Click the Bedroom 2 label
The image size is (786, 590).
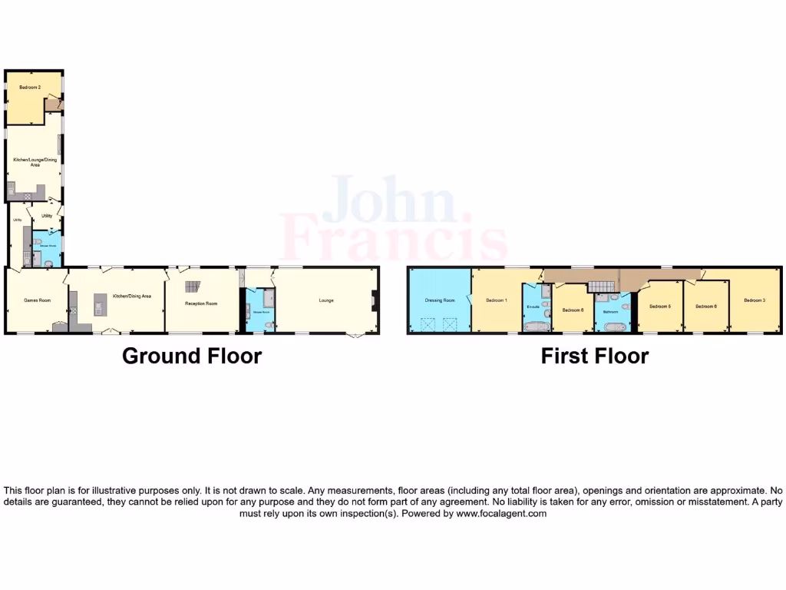[x=29, y=88]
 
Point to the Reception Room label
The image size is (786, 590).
[x=201, y=303]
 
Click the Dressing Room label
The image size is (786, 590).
[x=440, y=300]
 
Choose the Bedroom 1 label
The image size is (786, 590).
[x=495, y=300]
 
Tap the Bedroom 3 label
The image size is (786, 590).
[x=755, y=300]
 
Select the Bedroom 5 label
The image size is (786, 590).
[x=660, y=307]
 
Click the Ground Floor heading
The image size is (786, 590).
[x=192, y=356]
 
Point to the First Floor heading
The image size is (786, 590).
[x=595, y=356]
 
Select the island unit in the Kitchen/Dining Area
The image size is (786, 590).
[x=99, y=304]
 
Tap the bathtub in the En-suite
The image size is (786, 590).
[x=534, y=326]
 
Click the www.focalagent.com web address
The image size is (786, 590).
[x=501, y=514]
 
